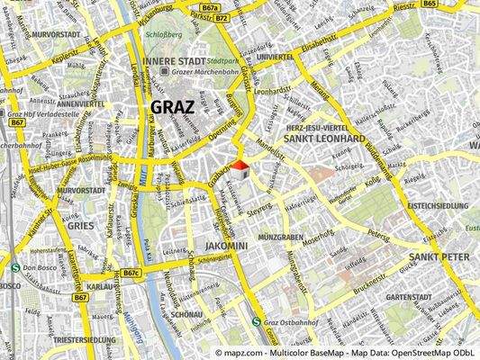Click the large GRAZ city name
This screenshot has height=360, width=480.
(x=171, y=108)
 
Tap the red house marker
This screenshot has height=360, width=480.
(x=240, y=167)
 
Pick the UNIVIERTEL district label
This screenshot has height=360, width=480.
(x=275, y=56)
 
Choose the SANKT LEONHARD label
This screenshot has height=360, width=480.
(x=323, y=139)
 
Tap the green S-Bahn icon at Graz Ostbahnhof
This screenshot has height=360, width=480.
(x=257, y=320)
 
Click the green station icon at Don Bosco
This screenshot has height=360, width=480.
(x=17, y=267)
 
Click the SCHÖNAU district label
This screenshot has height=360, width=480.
(x=186, y=314)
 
